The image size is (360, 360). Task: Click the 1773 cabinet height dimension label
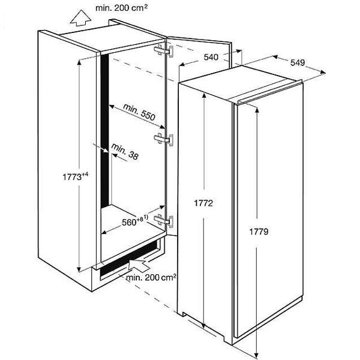(x=76, y=176)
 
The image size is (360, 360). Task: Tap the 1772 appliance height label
(x=203, y=203)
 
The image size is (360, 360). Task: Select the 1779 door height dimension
(x=259, y=232)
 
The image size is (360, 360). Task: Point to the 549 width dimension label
(x=298, y=62)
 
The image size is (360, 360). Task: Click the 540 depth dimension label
(x=211, y=57)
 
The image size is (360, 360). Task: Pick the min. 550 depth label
(x=139, y=112)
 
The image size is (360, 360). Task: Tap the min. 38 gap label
(x=125, y=152)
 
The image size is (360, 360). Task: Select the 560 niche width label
(x=135, y=220)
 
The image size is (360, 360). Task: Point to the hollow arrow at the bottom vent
(x=139, y=266)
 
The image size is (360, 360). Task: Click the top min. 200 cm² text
(x=121, y=8)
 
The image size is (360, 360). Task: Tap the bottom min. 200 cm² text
(x=151, y=278)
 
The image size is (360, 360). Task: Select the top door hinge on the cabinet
(x=164, y=51)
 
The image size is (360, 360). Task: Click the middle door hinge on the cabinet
(x=163, y=139)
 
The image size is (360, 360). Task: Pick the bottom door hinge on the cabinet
(x=164, y=221)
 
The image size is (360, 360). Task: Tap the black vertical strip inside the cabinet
(x=105, y=131)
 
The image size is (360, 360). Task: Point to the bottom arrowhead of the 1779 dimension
(x=257, y=355)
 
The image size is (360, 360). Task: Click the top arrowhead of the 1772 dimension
(x=204, y=96)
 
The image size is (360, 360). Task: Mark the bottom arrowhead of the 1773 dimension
(x=79, y=269)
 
